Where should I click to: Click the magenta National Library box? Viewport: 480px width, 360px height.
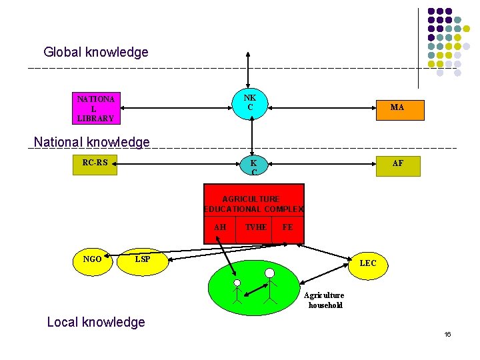(96, 109)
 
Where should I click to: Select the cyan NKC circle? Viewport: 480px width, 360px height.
(250, 103)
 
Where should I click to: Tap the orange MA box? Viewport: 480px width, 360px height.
(400, 110)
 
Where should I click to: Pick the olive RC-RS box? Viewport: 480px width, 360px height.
(95, 165)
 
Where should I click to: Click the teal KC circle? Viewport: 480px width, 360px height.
(253, 165)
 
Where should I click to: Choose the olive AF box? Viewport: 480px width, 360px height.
(398, 166)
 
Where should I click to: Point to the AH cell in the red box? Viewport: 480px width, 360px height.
(220, 230)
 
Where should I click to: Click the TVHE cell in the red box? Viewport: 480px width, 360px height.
(254, 230)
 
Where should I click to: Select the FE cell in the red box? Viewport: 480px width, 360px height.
(288, 230)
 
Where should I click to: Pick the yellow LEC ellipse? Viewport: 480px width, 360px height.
(368, 266)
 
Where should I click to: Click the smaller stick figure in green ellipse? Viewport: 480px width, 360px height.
(237, 291)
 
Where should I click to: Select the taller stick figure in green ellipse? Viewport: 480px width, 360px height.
(270, 286)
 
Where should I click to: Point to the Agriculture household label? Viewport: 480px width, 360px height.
(325, 300)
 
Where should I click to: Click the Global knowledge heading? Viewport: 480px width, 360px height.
(96, 52)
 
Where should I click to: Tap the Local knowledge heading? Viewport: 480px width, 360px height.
(96, 322)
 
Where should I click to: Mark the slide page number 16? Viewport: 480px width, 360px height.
(447, 334)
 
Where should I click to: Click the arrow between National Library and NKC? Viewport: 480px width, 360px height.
(176, 108)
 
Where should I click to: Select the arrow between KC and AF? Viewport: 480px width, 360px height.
(322, 164)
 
